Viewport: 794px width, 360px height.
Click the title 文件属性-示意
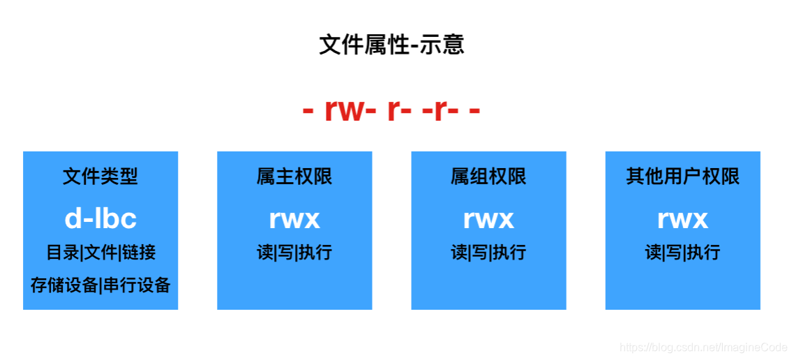click(x=391, y=45)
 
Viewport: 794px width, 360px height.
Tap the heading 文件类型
click(x=100, y=177)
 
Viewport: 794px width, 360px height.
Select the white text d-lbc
click(x=100, y=218)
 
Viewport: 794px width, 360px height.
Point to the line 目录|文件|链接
click(x=100, y=252)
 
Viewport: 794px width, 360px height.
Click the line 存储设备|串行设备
click(x=100, y=285)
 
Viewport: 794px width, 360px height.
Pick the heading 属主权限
click(x=294, y=177)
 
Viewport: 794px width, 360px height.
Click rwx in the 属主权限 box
click(x=294, y=218)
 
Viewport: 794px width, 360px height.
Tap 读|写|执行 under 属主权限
click(x=294, y=252)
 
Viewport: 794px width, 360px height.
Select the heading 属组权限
click(x=488, y=177)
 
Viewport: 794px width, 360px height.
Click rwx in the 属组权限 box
click(x=488, y=218)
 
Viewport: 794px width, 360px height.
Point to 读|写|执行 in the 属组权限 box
click(x=488, y=252)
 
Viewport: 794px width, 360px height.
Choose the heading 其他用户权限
click(x=682, y=177)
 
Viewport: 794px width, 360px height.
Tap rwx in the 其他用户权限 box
click(x=682, y=218)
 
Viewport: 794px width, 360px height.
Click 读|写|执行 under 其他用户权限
click(x=682, y=252)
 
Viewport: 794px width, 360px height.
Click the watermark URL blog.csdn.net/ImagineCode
click(x=703, y=347)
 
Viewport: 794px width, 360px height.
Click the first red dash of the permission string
click(x=308, y=112)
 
